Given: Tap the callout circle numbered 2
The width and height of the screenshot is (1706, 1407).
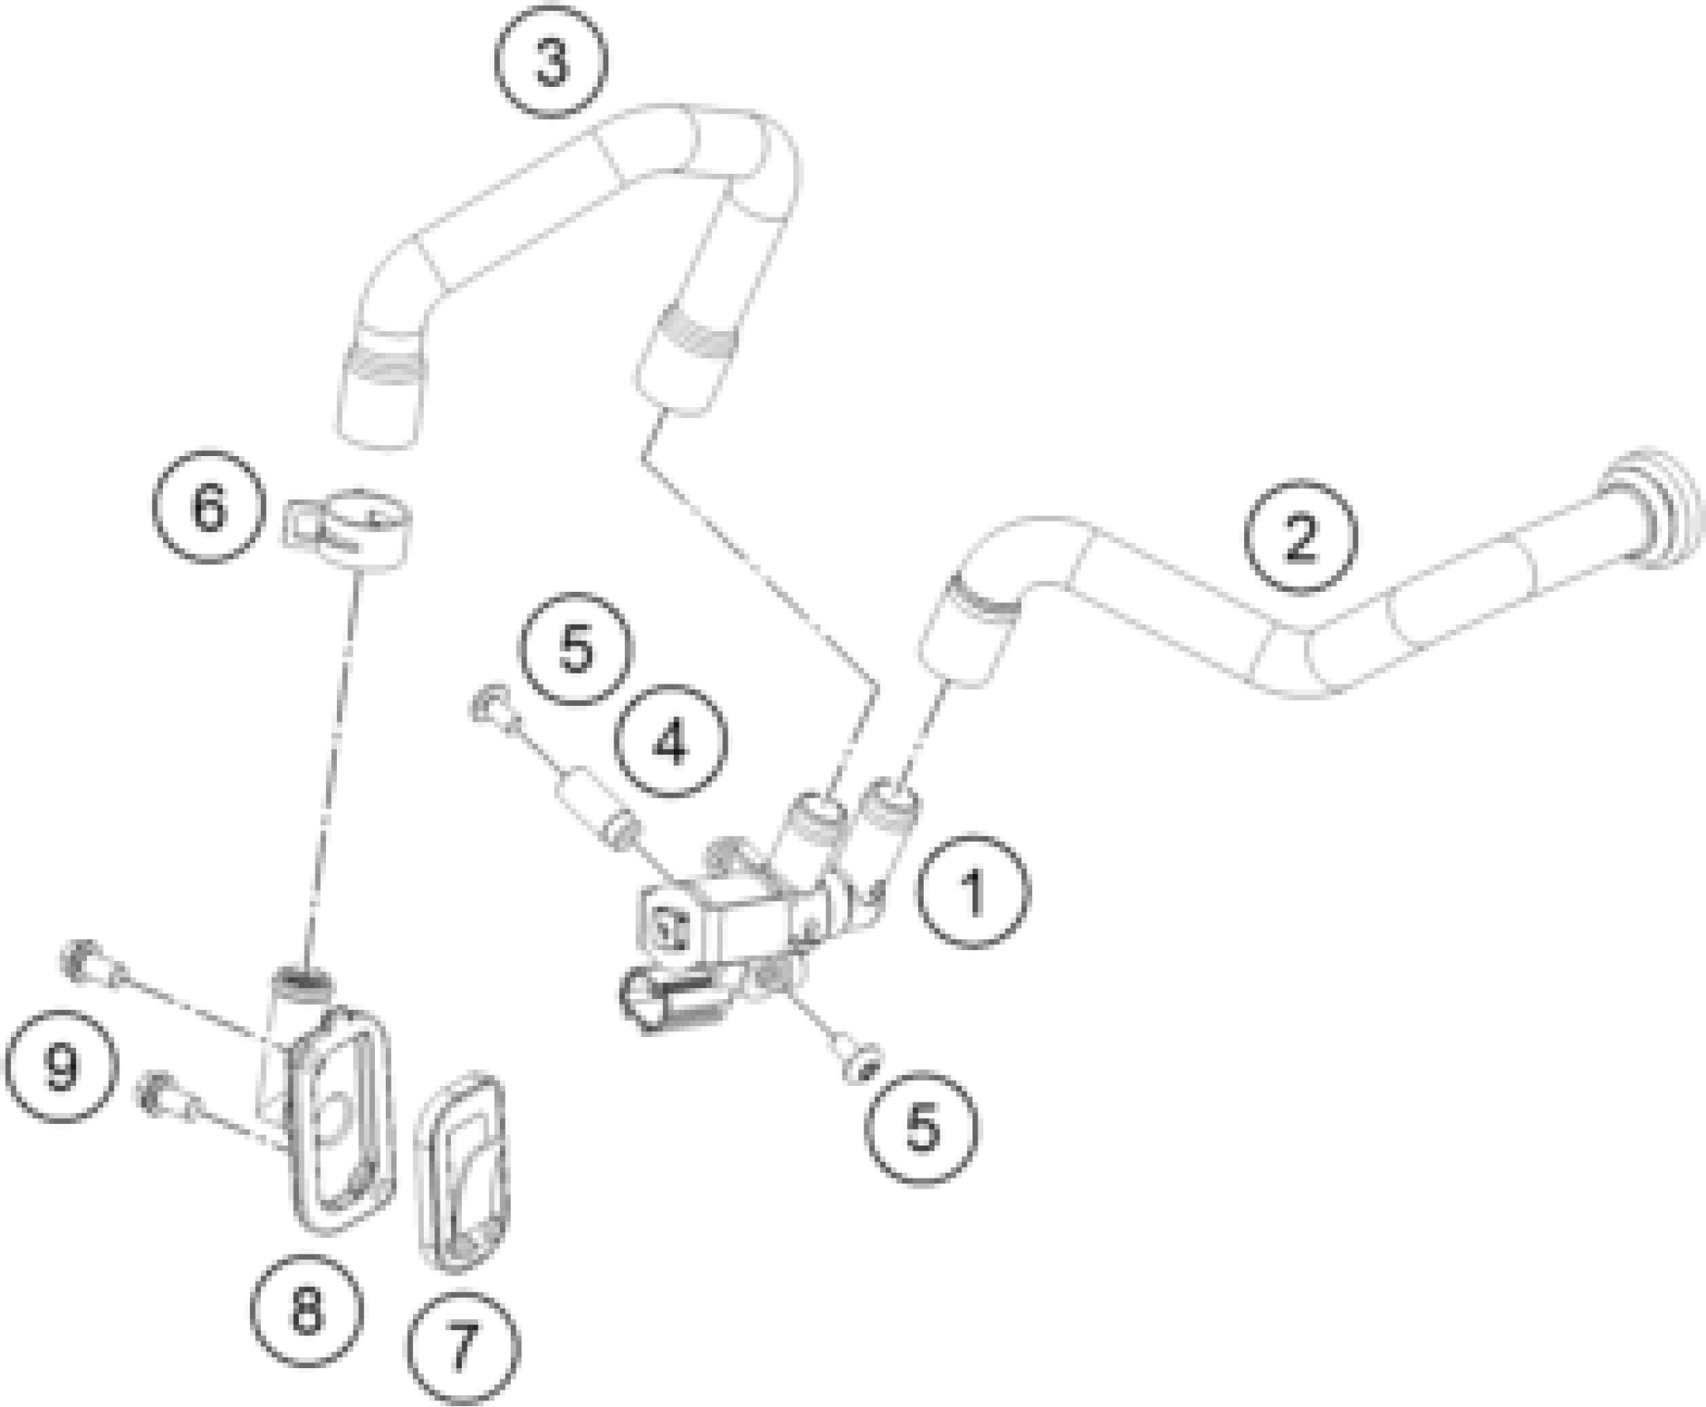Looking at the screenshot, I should coord(1301,536).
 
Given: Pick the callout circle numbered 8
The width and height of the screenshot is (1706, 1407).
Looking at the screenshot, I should coord(307,1310).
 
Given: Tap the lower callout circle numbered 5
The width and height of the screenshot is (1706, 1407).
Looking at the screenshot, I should coord(921,1127).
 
